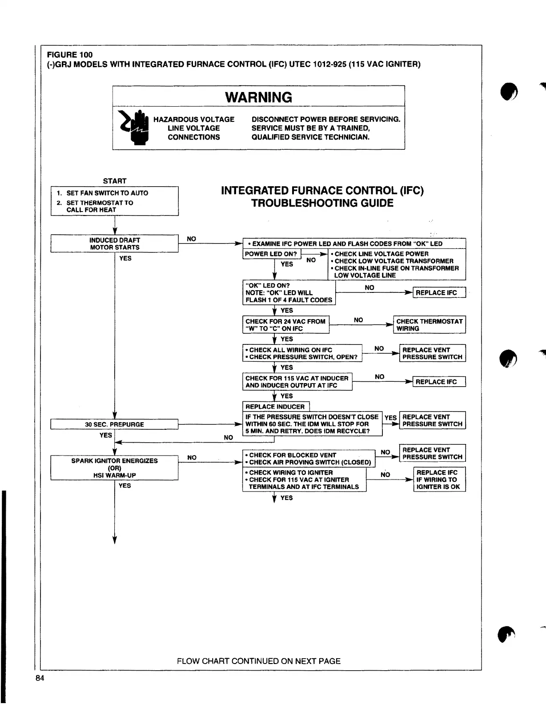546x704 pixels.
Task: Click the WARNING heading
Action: pyautogui.click(x=258, y=97)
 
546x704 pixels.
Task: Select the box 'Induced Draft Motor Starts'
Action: pyautogui.click(x=115, y=244)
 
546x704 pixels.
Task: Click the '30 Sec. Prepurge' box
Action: pyautogui.click(x=115, y=424)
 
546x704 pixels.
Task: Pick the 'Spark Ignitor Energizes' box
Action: pyautogui.click(x=115, y=468)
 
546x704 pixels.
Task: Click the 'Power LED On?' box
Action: pyautogui.click(x=271, y=254)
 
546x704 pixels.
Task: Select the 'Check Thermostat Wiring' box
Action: pyautogui.click(x=430, y=325)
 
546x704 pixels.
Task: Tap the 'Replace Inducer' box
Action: pyautogui.click(x=275, y=407)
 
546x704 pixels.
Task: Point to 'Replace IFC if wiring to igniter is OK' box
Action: pyautogui.click(x=439, y=480)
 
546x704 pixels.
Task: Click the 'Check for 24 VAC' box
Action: pyautogui.click(x=285, y=325)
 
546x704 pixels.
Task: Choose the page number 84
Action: pyautogui.click(x=40, y=678)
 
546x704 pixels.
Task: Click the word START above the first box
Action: pyautogui.click(x=115, y=181)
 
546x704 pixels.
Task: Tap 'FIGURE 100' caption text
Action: pyautogui.click(x=70, y=55)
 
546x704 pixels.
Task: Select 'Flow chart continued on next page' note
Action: pyautogui.click(x=259, y=661)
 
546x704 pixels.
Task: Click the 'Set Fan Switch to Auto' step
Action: pyautogui.click(x=107, y=193)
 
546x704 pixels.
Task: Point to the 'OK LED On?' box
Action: pyautogui.click(x=289, y=293)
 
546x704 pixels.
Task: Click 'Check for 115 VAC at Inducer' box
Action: pyautogui.click(x=297, y=382)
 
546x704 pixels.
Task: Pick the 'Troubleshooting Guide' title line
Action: pyautogui.click(x=322, y=203)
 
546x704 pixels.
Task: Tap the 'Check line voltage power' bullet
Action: pyautogui.click(x=381, y=254)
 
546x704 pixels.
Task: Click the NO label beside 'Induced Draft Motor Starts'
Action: pyautogui.click(x=191, y=239)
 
